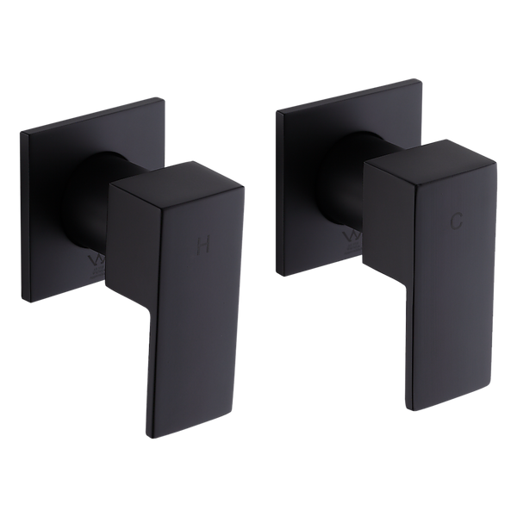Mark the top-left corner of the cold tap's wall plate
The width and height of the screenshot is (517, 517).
click(274, 113)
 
